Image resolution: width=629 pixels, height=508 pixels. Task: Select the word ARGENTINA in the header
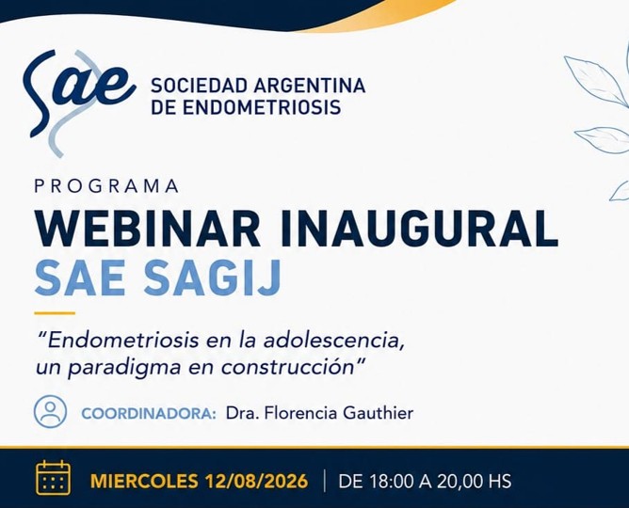click(309, 86)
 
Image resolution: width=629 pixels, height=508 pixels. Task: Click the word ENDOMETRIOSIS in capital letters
click(262, 107)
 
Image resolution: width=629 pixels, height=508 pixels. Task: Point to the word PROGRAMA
click(106, 186)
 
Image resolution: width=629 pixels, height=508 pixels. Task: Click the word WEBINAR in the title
click(147, 229)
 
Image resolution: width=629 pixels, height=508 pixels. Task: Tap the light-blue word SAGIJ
click(213, 278)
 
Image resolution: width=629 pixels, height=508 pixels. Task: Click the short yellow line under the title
click(55, 313)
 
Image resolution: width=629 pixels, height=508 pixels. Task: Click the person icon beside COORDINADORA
click(50, 412)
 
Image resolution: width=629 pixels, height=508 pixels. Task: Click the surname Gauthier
click(378, 413)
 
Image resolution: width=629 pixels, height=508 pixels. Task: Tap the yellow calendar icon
click(54, 478)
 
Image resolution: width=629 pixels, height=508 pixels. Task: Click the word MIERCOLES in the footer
click(144, 481)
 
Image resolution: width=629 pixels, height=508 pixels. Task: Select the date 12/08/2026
click(256, 481)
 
